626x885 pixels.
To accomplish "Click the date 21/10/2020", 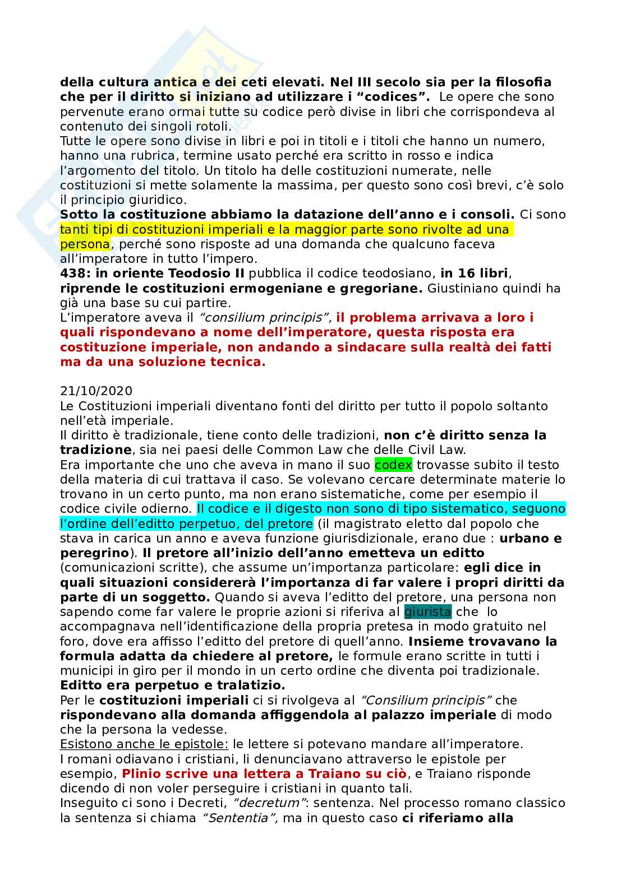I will (x=96, y=391).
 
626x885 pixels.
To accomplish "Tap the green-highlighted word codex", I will (x=393, y=465).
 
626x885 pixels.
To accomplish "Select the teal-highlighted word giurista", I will (x=427, y=611).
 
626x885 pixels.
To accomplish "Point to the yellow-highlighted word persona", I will (x=85, y=244).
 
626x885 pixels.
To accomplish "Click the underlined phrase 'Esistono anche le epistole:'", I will (x=144, y=744).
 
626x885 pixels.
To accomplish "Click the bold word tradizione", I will (x=95, y=450).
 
